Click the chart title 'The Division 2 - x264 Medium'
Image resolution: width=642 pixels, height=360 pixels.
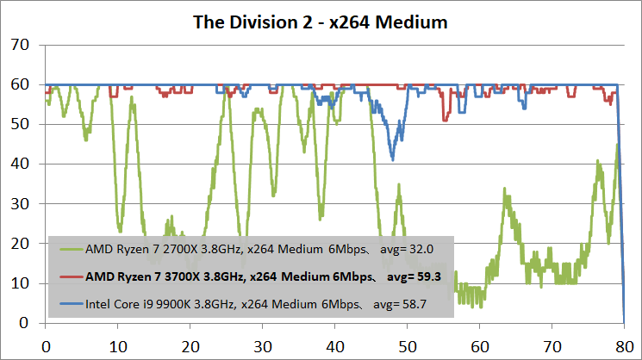click(321, 22)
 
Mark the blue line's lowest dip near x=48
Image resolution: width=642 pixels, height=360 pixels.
click(393, 158)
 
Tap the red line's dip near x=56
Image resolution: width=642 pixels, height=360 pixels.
click(445, 120)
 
